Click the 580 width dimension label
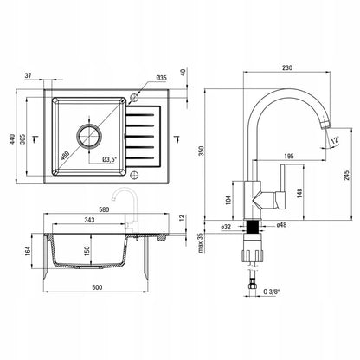[104, 209]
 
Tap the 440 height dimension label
[12, 139]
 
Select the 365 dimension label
[23, 138]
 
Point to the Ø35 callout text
[162, 78]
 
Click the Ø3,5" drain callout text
[110, 159]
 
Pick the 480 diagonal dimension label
[65, 156]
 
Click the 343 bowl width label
[89, 220]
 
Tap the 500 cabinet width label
[97, 287]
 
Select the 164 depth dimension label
[28, 251]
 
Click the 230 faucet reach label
[287, 68]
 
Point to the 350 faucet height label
[202, 151]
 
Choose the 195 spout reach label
[289, 157]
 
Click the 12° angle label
[335, 140]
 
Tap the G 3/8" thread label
[272, 292]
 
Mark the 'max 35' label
[201, 242]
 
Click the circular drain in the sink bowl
[89, 136]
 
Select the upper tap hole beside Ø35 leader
[133, 98]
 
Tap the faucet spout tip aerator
[325, 124]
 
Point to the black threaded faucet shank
[253, 227]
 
